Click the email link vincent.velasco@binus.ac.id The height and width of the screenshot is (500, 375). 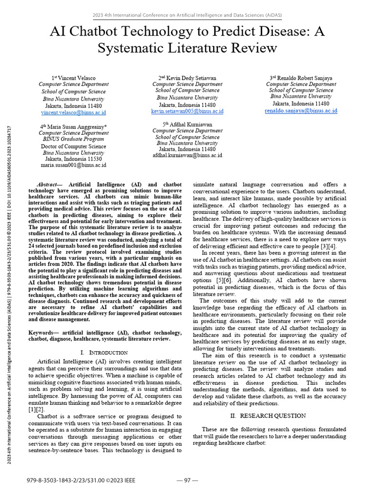tap(74, 112)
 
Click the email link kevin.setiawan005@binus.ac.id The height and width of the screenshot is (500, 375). tap(187, 111)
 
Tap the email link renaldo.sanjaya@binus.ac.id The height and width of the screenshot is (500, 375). tap(301, 111)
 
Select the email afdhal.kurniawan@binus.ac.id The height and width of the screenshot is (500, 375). tap(187, 155)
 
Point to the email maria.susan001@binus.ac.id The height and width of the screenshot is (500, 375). tap(74, 166)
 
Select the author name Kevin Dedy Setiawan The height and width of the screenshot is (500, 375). tap(191, 78)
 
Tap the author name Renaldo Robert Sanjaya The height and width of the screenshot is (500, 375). tap(305, 78)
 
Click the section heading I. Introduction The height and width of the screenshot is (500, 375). tap(104, 352)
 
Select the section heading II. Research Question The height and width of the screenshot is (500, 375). tap(269, 416)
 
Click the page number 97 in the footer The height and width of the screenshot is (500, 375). tap(187, 480)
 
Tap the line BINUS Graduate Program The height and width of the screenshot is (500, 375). tap(74, 139)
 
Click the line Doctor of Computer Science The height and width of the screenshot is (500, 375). tap(74, 146)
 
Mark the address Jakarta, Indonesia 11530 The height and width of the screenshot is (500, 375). tap(74, 159)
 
